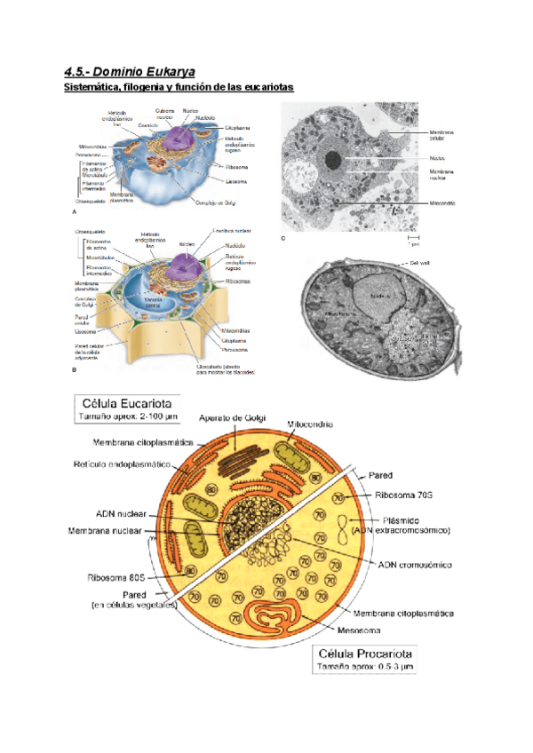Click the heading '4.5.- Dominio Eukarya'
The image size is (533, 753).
pos(130,70)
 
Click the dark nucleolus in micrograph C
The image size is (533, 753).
pos(333,161)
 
